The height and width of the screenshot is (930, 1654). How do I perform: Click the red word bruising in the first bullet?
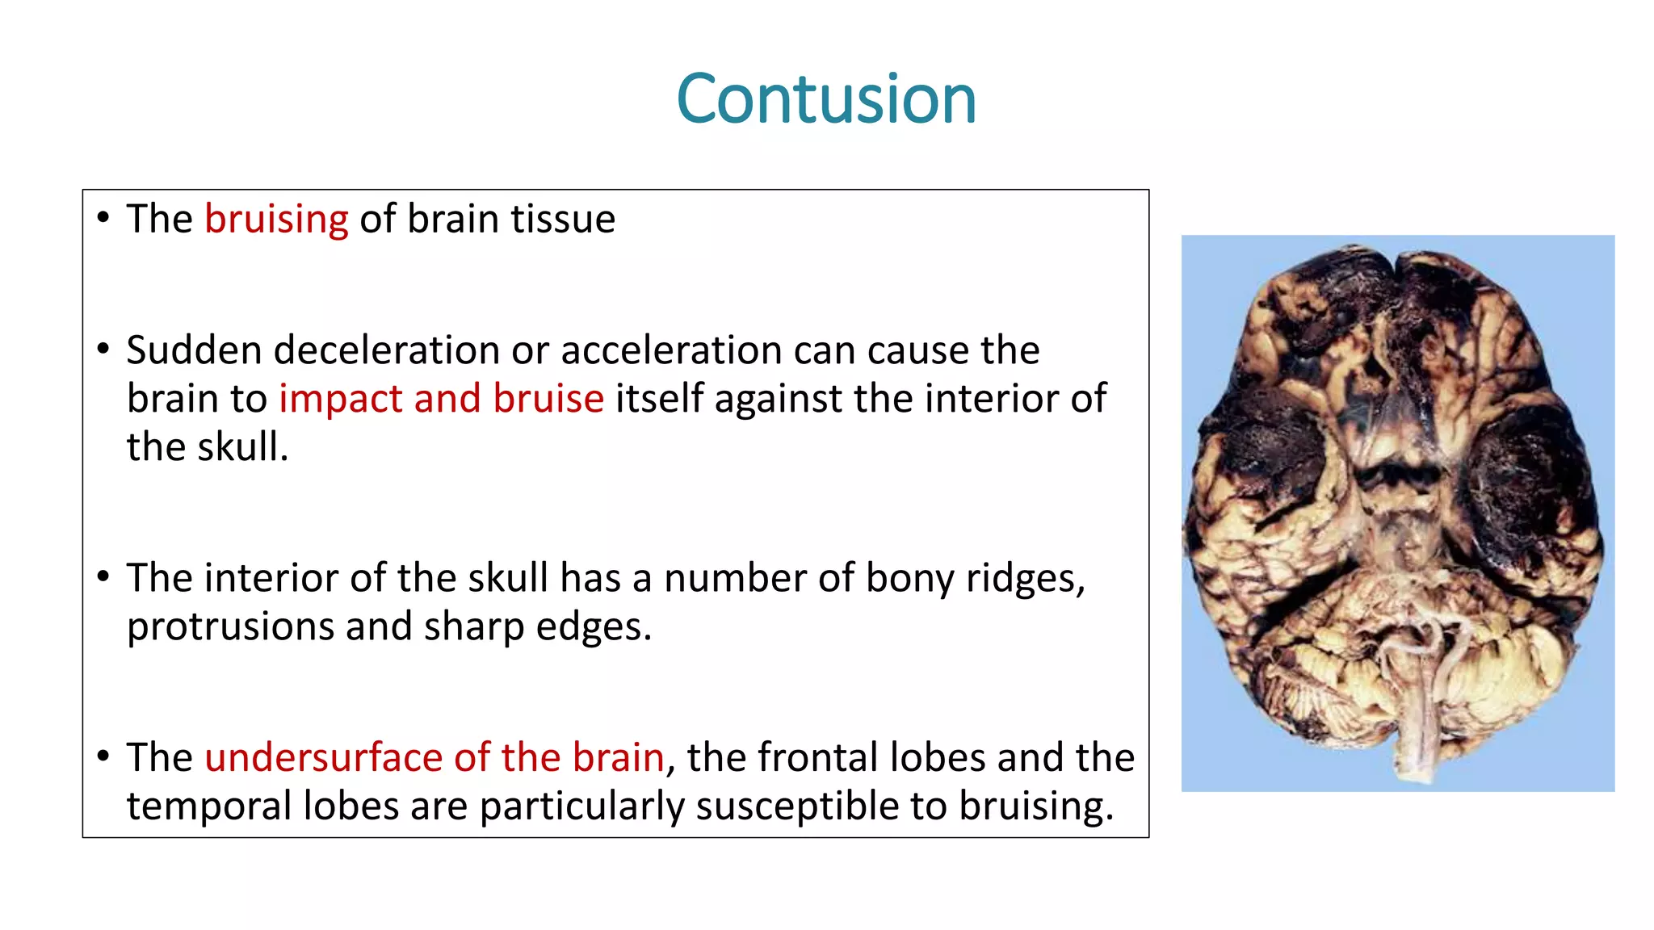pos(276,220)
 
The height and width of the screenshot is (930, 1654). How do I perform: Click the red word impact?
pos(340,400)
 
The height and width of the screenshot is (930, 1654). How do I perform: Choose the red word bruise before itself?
pos(548,400)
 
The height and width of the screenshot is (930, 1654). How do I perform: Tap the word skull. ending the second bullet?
pos(243,447)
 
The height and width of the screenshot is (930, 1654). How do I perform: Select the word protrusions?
pos(229,627)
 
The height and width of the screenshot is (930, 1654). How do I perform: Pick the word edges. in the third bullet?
pos(594,627)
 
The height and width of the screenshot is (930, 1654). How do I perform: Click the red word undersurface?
pos(323,758)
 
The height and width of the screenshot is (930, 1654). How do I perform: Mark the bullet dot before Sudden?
pos(103,350)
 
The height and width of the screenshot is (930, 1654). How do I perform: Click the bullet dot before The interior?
pos(103,577)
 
